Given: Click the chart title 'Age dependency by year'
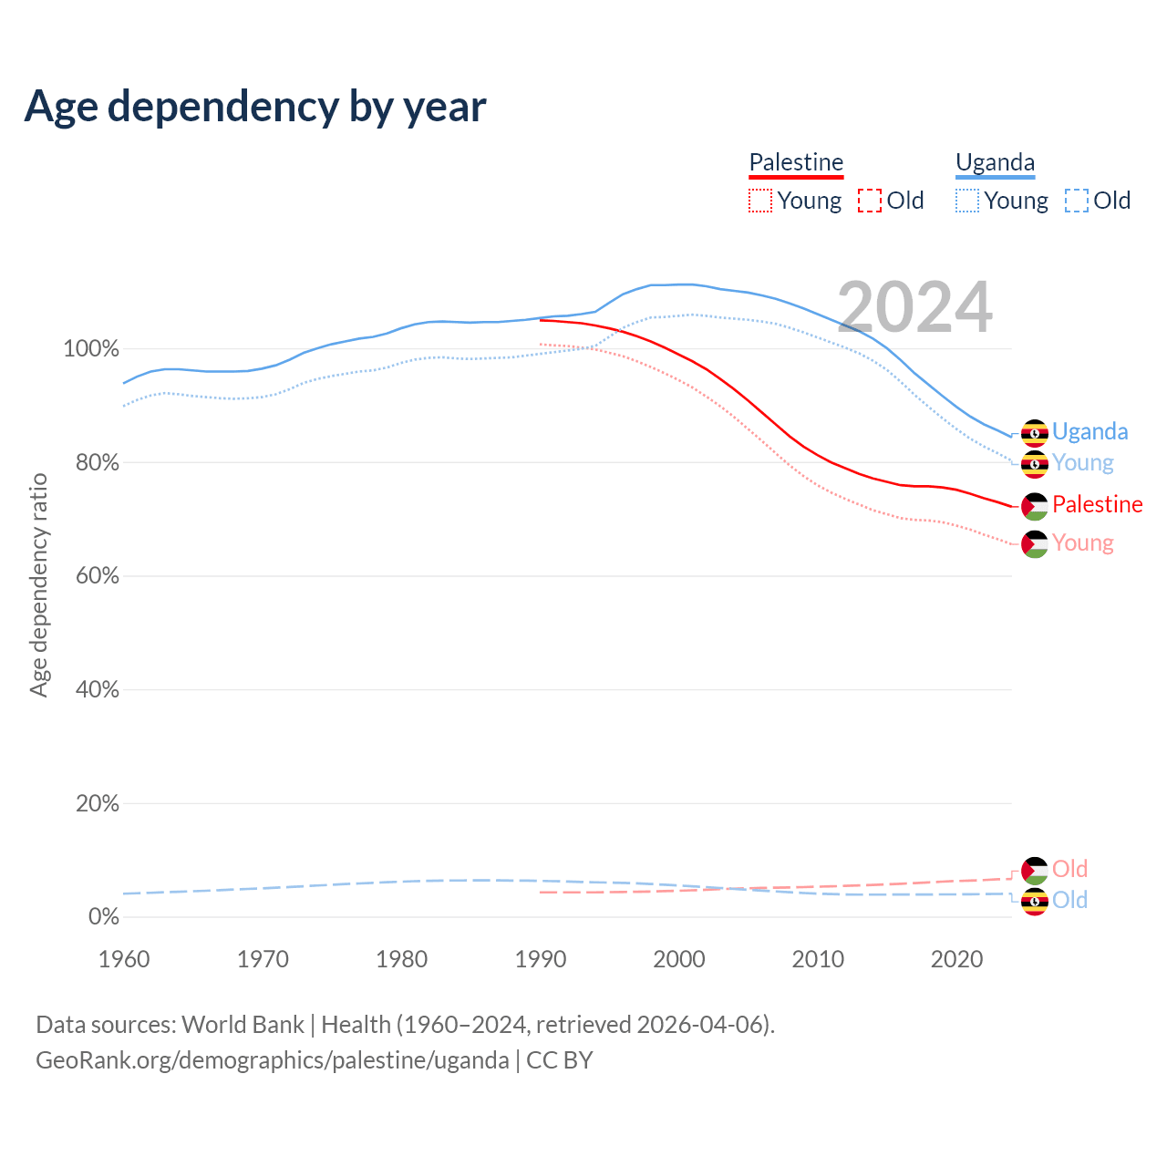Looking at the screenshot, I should click(255, 107).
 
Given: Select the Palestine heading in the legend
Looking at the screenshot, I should click(796, 162).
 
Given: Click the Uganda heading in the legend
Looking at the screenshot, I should click(995, 162).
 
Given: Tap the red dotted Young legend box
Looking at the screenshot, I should click(760, 201).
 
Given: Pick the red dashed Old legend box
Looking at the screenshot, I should click(870, 201).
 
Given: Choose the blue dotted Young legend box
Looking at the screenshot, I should click(967, 201).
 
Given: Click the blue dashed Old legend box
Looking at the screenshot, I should click(1077, 201).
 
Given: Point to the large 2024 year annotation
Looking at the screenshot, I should click(914, 308).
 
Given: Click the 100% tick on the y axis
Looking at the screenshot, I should click(91, 349).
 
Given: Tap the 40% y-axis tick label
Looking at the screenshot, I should click(98, 690).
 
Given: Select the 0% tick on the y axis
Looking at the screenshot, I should click(104, 917).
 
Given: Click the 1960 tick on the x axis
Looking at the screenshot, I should click(124, 959).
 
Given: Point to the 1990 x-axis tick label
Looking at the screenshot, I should click(541, 959).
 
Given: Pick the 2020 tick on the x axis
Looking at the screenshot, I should click(956, 959).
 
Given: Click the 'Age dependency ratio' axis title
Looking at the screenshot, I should click(38, 584).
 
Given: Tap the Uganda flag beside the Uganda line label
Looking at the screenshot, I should click(1035, 432).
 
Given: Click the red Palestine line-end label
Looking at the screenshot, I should click(1097, 504).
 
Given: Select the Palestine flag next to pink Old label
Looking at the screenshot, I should click(1035, 870).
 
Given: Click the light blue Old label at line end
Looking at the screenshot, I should click(1069, 901).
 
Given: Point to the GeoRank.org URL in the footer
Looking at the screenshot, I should click(273, 1060).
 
